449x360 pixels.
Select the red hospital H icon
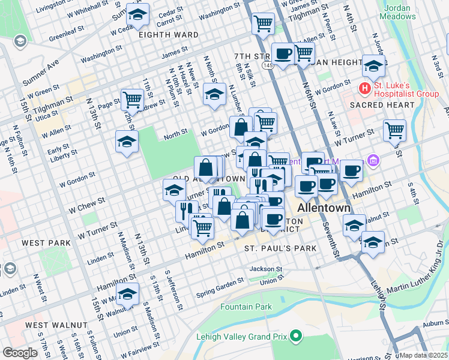[364, 88]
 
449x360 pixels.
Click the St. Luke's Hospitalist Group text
[406, 88]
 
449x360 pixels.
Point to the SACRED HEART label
[382, 105]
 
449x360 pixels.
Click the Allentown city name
[324, 208]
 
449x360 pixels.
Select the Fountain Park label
[246, 307]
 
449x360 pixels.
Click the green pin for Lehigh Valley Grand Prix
[295, 336]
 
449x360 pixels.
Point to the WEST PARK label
[46, 243]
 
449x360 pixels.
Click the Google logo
[20, 352]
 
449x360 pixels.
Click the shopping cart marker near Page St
[131, 98]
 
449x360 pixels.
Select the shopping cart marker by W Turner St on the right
[394, 130]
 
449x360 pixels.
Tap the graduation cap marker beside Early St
[127, 142]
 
